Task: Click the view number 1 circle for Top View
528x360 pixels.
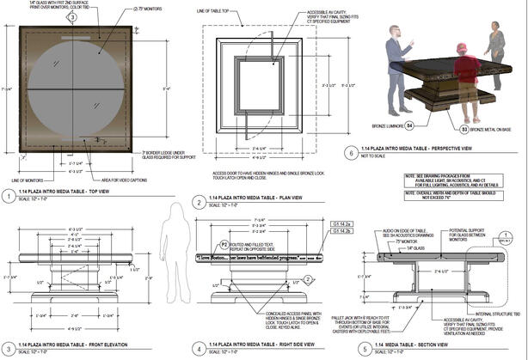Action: pos(9,196)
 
